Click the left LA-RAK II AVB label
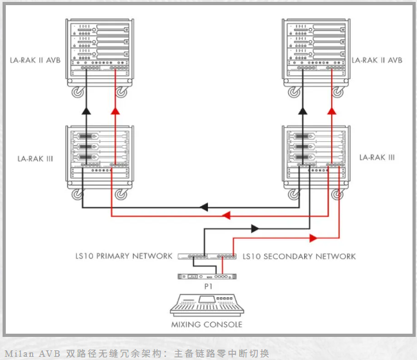click(x=35, y=60)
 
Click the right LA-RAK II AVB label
click(x=377, y=60)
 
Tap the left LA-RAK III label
click(x=35, y=159)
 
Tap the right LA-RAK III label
click(x=377, y=157)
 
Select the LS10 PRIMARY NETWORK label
click(x=124, y=256)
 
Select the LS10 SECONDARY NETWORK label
click(x=299, y=257)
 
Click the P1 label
click(x=208, y=287)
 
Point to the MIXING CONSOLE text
click(x=207, y=325)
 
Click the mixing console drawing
click(x=207, y=305)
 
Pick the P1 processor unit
click(x=207, y=277)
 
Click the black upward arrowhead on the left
click(x=86, y=110)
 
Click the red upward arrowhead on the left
click(x=115, y=110)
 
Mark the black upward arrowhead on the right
click(x=302, y=110)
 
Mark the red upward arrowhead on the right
click(x=332, y=110)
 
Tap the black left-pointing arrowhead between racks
click(x=204, y=207)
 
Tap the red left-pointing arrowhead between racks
click(x=226, y=215)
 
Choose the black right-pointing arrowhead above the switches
click(x=255, y=228)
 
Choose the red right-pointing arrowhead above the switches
click(x=314, y=238)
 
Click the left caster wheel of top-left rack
click(x=78, y=92)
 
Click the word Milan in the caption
click(x=19, y=354)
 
